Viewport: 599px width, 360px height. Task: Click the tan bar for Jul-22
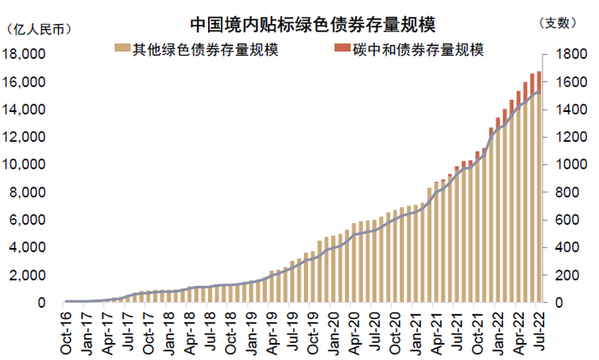pos(538,197)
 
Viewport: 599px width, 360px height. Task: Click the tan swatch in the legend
pos(122,50)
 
